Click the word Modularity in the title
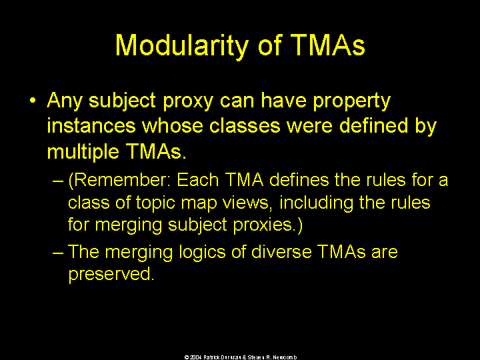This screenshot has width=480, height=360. tap(181, 46)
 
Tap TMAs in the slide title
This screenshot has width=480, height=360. tap(327, 45)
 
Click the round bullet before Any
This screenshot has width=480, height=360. tap(33, 101)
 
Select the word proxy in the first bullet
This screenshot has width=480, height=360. tap(188, 101)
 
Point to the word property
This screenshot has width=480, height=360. tap(352, 101)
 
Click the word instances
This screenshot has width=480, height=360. tap(91, 125)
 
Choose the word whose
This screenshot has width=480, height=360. tap(173, 125)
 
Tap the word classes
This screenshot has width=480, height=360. tap(245, 125)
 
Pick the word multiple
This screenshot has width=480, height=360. tap(83, 152)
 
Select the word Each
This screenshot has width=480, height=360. tap(198, 180)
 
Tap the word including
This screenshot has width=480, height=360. tap(316, 203)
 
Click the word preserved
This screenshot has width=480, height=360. tap(111, 275)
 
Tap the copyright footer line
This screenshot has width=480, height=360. tap(240, 357)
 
